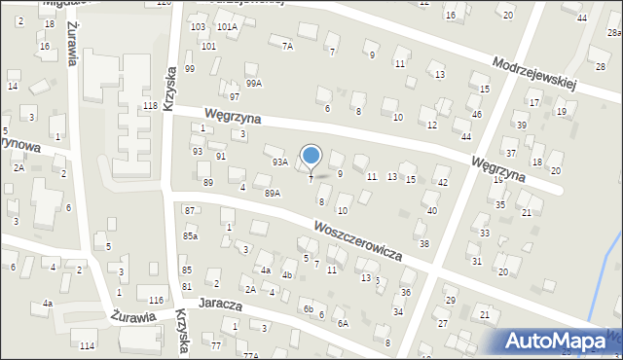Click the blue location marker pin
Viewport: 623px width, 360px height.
pos(311,157)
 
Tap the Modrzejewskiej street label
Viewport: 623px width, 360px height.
pos(534,70)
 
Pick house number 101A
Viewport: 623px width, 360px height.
pos(227,27)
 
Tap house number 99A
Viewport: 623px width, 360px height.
pos(253,84)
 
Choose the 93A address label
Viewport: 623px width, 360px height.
pos(279,162)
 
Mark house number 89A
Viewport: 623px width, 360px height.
pos(273,194)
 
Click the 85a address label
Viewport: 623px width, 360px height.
pos(191,235)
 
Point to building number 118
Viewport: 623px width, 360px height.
pos(150,105)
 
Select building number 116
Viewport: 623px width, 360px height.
pos(156,300)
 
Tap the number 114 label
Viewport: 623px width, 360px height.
pos(88,346)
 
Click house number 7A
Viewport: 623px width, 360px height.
pos(287,46)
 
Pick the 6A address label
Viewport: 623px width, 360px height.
pos(342,323)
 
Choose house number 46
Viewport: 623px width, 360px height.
pos(476,115)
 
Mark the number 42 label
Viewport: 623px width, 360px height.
pos(443,183)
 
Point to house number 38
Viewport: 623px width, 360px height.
pos(423,243)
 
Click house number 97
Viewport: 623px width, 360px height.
pos(235,97)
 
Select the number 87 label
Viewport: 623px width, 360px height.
pos(190,211)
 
